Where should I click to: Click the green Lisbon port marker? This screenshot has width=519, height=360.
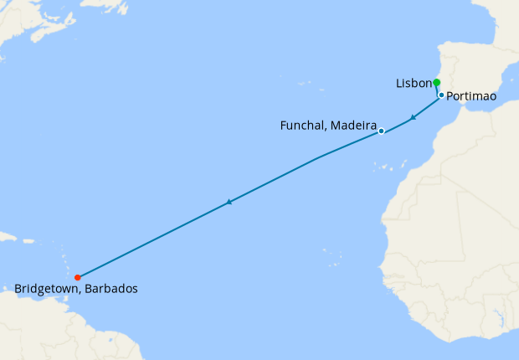pos(436,82)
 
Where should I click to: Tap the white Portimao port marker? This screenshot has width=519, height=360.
pos(441,95)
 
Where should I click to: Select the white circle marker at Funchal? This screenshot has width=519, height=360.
pos(381,131)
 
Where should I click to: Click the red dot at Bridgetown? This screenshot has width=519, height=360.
pos(77,277)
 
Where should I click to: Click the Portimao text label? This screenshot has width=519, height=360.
pos(471,97)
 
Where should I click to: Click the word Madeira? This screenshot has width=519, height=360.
pos(352,126)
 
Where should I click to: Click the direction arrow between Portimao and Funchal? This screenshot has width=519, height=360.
pos(413,117)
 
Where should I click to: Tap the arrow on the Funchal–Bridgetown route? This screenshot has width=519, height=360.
pos(229,202)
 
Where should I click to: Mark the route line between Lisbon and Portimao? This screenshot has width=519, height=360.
pos(438,89)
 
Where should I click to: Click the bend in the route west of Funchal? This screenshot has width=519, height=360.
pos(317,157)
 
